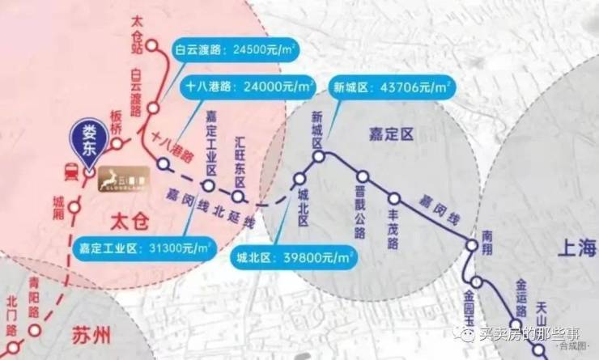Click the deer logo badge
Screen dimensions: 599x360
tap(124, 178)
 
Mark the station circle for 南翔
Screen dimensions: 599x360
tap(472, 245)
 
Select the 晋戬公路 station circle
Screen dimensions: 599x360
tap(363, 176)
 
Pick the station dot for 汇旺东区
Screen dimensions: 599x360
tap(239, 196)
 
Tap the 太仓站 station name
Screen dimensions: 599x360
tap(135, 32)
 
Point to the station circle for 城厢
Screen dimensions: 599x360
tap(74, 207)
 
